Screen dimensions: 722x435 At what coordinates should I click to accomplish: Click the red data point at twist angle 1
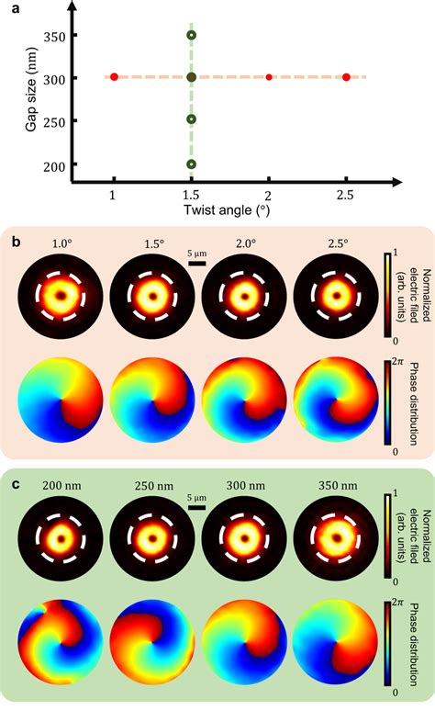[x=114, y=77]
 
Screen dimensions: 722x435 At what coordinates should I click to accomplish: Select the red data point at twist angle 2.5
[x=346, y=77]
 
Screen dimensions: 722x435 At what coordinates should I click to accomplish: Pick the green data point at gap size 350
[x=191, y=35]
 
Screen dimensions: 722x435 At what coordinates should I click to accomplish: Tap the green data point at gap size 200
[x=191, y=164]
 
